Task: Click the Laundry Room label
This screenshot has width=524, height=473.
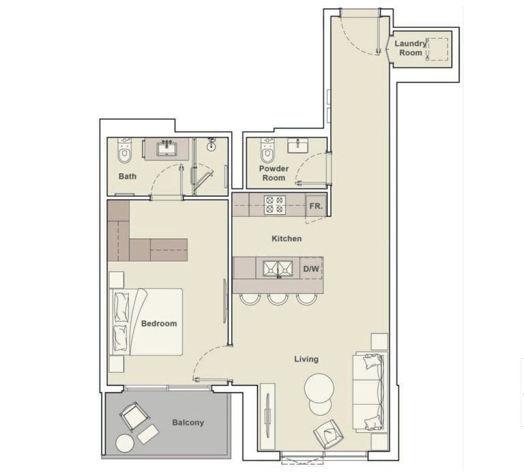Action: pos(411,48)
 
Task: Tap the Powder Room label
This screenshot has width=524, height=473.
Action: pos(273,173)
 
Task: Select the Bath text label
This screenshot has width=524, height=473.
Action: pos(128,176)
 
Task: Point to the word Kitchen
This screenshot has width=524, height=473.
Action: pos(287,239)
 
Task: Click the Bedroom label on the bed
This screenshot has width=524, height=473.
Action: pos(158,324)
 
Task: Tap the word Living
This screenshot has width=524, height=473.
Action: pos(306,359)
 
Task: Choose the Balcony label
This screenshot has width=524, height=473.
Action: pos(188,423)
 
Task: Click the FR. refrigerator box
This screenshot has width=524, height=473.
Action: pos(315,206)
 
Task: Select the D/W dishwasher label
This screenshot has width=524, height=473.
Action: pos(311,269)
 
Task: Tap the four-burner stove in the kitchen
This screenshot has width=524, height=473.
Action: pos(275,205)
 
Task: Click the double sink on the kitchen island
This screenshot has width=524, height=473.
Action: pos(278,269)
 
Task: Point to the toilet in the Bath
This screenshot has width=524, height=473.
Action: pos(123,153)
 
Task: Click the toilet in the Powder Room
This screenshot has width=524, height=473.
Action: pos(267,152)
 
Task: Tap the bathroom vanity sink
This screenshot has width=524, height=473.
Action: pos(166,147)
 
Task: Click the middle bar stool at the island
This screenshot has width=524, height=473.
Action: pos(278,298)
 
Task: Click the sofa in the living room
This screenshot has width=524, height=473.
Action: pos(368,392)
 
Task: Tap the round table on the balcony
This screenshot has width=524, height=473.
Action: pos(125,443)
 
